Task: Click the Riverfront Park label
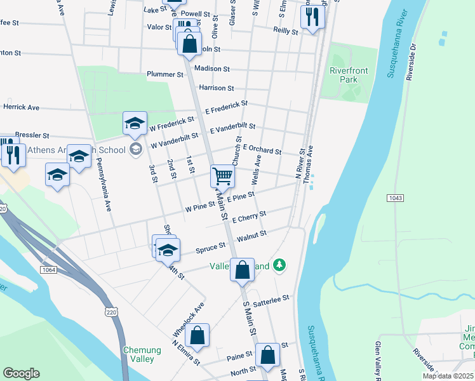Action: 344,75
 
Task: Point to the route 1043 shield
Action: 394,199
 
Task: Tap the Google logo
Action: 21,373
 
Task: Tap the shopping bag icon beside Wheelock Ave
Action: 197,337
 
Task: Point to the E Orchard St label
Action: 261,149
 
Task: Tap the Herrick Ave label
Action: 21,107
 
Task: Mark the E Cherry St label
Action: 249,217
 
